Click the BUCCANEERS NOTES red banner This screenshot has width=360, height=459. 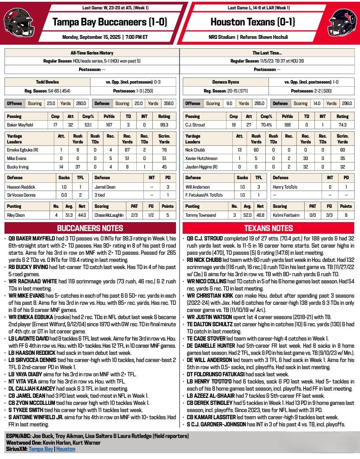pos(91,228)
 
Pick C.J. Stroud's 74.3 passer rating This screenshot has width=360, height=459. pos(343,124)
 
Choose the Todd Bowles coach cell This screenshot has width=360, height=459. pos(47,82)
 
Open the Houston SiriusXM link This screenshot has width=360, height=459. pos(65,449)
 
